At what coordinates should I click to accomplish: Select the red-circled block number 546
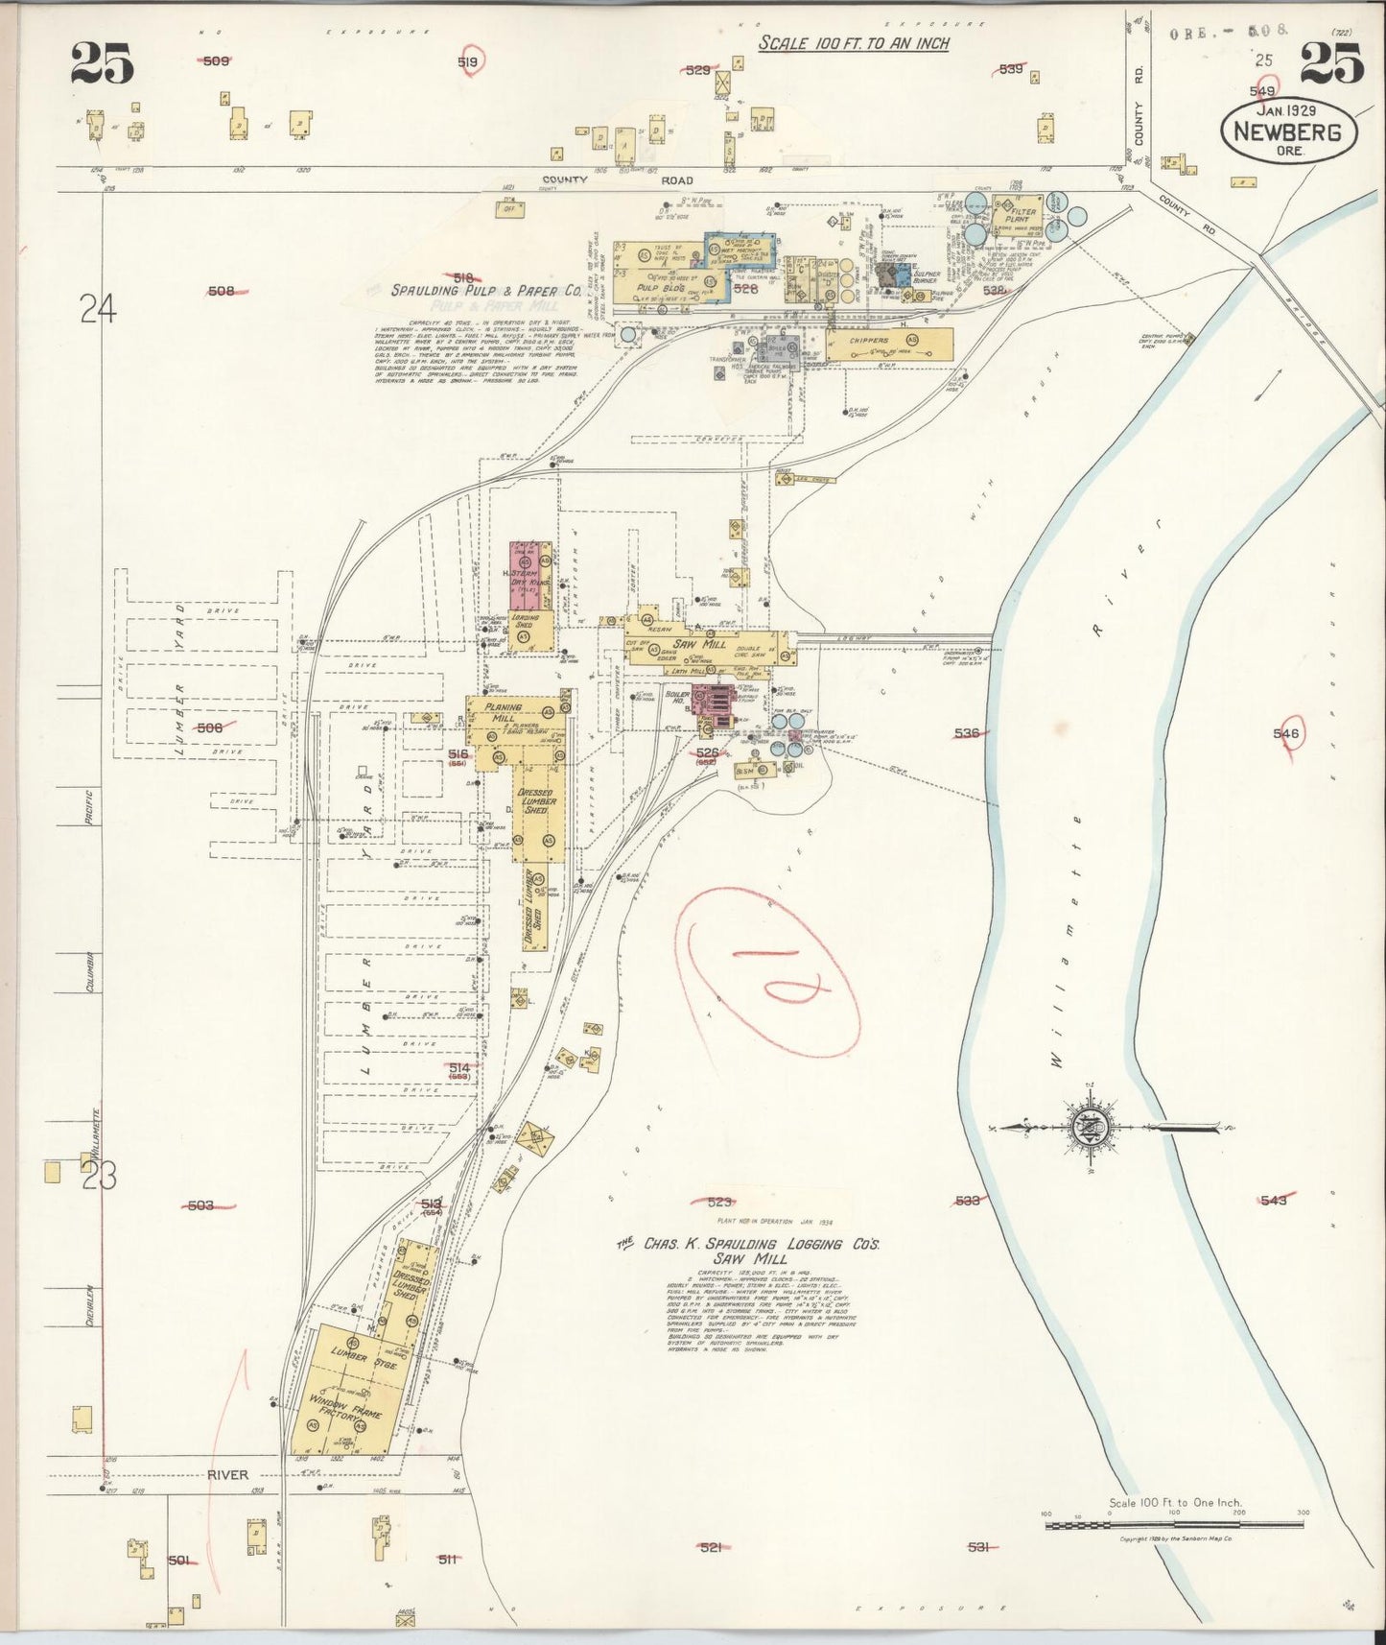[1285, 734]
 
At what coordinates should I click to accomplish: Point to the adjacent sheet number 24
[98, 310]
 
